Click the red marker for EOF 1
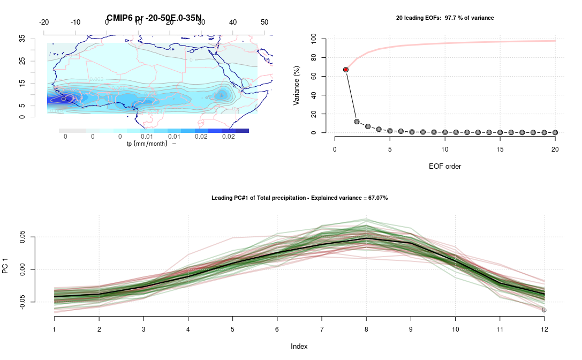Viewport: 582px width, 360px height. point(346,70)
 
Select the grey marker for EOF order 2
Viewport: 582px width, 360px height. point(357,122)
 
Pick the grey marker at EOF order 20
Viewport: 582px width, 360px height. point(555,132)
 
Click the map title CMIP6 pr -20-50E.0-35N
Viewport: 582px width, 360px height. point(154,18)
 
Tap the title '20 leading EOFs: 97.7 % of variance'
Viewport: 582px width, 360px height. point(444,18)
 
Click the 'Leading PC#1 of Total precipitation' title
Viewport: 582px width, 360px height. point(300,198)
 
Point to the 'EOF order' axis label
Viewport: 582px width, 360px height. point(444,166)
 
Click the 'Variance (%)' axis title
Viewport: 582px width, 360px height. point(296,85)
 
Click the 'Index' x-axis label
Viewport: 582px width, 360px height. point(299,347)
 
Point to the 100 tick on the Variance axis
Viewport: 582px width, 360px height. point(312,39)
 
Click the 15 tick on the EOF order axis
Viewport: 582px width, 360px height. point(500,149)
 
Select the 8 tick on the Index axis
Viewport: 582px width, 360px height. point(366,327)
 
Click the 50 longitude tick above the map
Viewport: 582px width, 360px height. point(264,22)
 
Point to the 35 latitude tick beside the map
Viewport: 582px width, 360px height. point(22,39)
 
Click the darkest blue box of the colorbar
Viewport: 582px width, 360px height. point(242,131)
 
